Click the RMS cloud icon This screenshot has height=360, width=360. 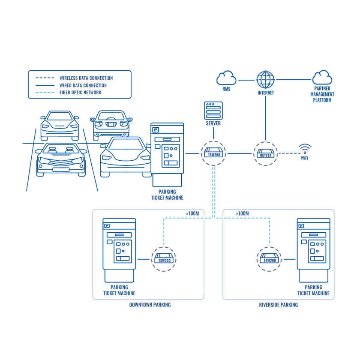[x=226, y=78]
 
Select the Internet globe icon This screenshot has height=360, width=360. [x=266, y=79]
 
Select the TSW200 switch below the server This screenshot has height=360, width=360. [x=213, y=153]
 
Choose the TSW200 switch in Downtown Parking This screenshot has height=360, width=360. [x=163, y=259]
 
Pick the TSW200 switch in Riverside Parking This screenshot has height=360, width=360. [x=270, y=259]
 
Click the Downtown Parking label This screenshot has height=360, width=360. [x=150, y=305]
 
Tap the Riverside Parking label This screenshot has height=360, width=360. [x=278, y=305]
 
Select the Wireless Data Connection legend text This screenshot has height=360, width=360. [x=86, y=78]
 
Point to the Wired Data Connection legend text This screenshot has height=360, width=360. [x=83, y=85]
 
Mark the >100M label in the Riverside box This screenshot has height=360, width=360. [x=242, y=213]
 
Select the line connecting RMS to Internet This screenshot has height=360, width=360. [x=246, y=80]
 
